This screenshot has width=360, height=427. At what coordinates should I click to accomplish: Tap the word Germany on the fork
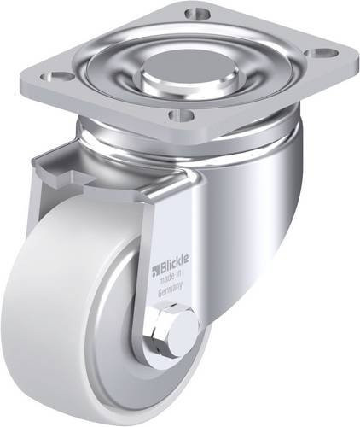[170, 293]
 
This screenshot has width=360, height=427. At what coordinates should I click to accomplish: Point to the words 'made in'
[171, 278]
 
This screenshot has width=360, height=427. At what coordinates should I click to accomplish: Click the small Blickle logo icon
[157, 270]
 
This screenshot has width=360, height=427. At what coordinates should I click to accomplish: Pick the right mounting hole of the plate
[322, 53]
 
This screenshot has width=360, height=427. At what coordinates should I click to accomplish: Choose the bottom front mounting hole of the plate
[182, 114]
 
